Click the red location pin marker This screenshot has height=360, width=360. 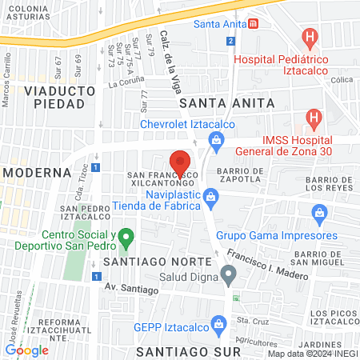coord(179,162)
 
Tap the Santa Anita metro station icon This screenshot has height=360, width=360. coord(254,24)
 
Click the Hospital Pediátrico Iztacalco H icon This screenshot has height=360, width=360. coord(310,37)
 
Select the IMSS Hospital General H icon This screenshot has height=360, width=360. coord(314,118)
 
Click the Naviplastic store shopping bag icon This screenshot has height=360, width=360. coord(210,197)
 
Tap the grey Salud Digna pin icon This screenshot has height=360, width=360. coord(229,277)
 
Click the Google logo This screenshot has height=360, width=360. coord(26,350)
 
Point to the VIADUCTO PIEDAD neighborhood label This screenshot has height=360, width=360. coord(54,97)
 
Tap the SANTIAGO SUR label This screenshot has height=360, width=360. coord(189,351)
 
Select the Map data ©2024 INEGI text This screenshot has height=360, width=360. coord(312,354)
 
